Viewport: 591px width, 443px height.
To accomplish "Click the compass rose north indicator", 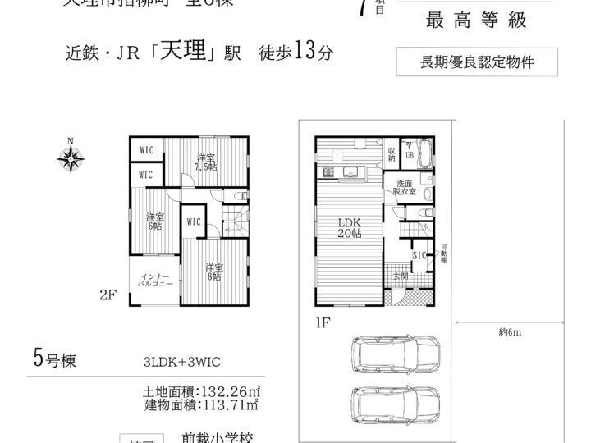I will [x=71, y=157].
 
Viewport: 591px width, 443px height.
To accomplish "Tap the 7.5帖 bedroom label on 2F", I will [x=205, y=162].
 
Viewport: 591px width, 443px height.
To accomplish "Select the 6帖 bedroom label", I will [x=153, y=221].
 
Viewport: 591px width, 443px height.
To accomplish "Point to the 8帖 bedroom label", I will [x=214, y=272].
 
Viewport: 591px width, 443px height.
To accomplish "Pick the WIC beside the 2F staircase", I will [x=194, y=221].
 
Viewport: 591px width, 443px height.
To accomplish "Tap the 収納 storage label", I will [x=392, y=153].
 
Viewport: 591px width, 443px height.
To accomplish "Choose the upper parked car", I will [x=395, y=355].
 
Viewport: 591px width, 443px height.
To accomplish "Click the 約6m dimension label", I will [x=510, y=331].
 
